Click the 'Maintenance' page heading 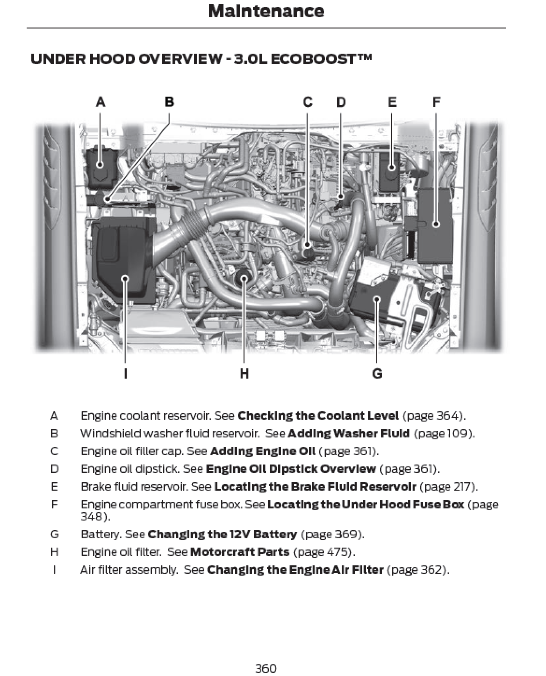pos(266,12)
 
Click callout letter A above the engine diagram pos(101,102)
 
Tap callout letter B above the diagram pos(169,102)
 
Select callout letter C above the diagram pos(308,102)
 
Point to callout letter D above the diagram pos(341,102)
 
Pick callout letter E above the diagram pos(392,102)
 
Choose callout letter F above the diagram pos(436,102)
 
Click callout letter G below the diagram pos(377,373)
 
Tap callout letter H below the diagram pos(244,373)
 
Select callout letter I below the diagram pos(125,373)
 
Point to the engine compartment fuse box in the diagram pos(435,226)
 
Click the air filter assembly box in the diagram pos(122,264)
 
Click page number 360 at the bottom pos(266,669)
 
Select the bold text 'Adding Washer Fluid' pos(348,433)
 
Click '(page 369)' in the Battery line pos(332,534)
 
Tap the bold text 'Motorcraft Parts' pos(240,552)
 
